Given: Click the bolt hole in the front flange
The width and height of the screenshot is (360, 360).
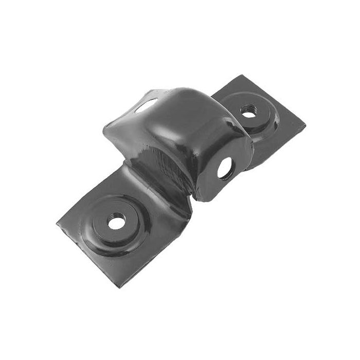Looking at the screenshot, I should pos(117,222).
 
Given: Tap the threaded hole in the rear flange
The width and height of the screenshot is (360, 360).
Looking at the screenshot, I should pos(249,111).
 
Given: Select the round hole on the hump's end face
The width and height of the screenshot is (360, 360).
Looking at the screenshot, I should pos(225,168).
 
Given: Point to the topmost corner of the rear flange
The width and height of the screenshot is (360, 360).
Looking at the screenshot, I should pos(242,76).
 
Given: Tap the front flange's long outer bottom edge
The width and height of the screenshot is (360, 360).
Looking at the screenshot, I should pos(154,252).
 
